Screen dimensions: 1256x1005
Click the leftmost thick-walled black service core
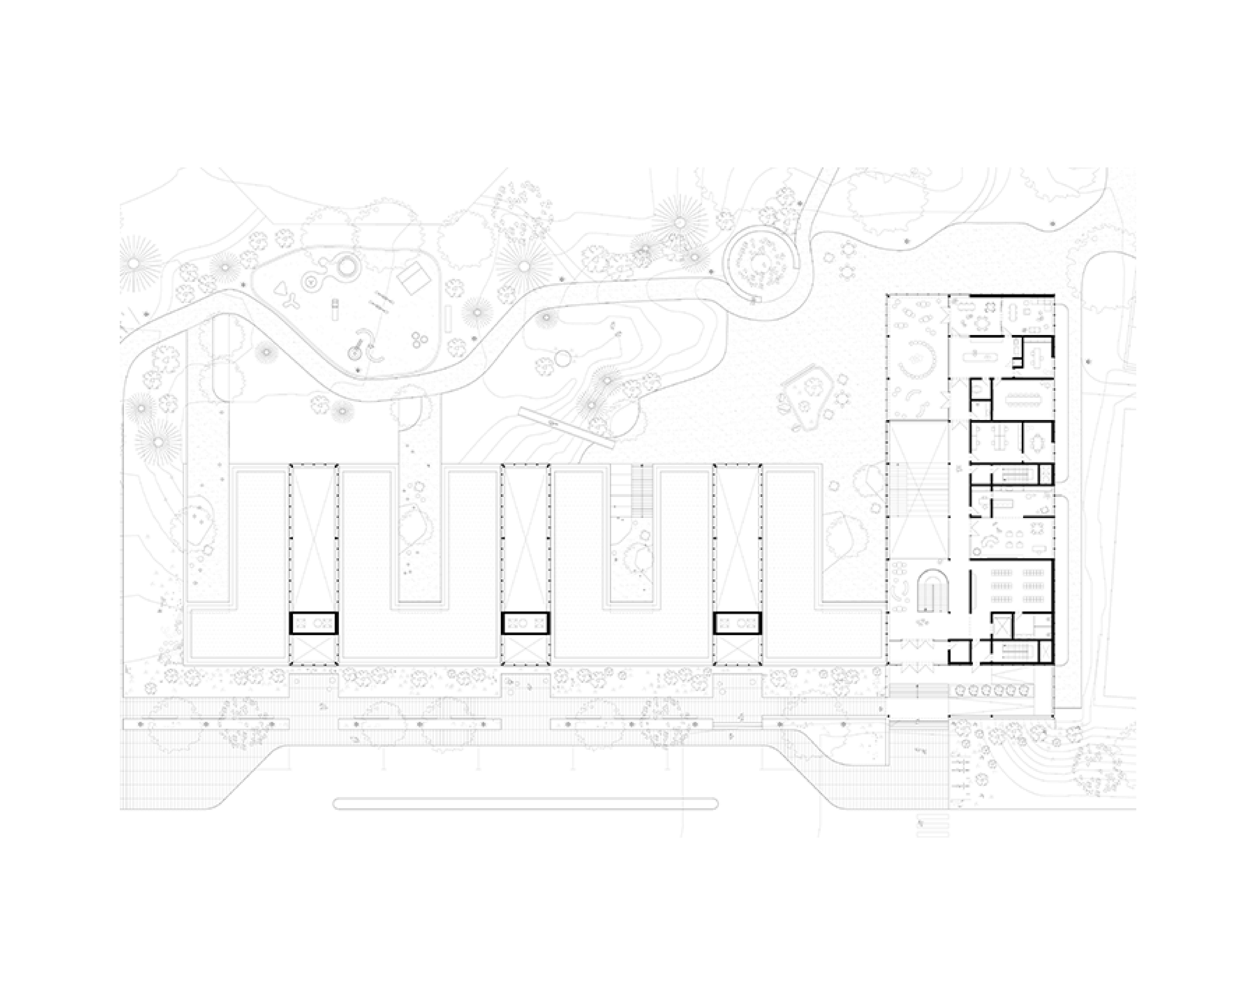(x=313, y=623)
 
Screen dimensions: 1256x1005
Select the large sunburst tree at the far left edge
(x=135, y=264)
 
